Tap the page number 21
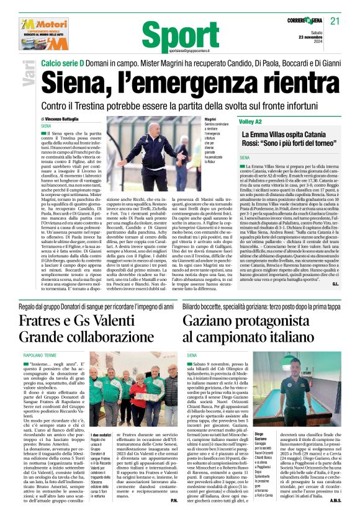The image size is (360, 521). coord(335,21)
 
